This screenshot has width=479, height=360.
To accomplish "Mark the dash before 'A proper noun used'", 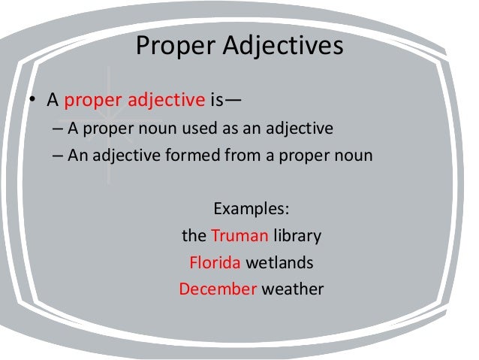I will pyautogui.click(x=59, y=129).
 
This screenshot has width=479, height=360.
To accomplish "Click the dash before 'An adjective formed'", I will pyautogui.click(x=59, y=156).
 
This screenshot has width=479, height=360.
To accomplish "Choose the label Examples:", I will pyautogui.click(x=252, y=208).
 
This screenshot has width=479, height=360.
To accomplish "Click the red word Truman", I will pyautogui.click(x=239, y=236).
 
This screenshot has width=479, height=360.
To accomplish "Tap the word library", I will pyautogui.click(x=297, y=236).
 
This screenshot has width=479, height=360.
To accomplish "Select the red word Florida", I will pyautogui.click(x=215, y=263).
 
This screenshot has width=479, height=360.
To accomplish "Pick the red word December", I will pyautogui.click(x=218, y=289).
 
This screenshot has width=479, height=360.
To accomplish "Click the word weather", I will pyautogui.click(x=292, y=289).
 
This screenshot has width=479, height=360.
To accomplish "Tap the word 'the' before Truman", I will pyautogui.click(x=194, y=236).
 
